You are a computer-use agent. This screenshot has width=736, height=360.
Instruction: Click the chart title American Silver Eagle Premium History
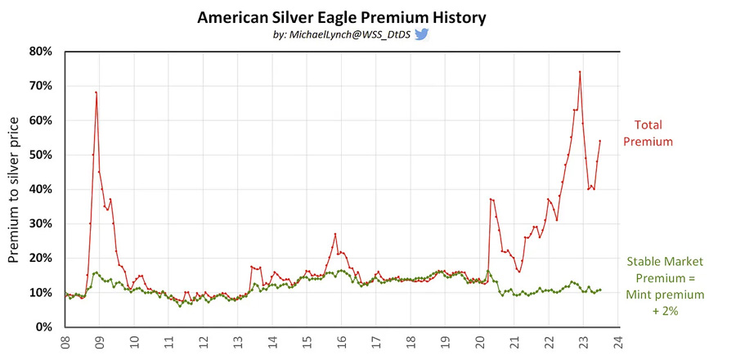(x=341, y=18)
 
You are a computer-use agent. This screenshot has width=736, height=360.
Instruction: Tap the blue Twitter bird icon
(x=421, y=34)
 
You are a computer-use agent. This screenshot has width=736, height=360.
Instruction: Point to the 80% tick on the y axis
(x=42, y=52)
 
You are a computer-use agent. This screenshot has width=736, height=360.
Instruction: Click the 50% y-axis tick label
(x=42, y=155)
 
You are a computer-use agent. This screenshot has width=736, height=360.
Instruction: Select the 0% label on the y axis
(x=44, y=327)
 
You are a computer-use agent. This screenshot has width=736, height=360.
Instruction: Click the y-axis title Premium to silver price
(x=14, y=190)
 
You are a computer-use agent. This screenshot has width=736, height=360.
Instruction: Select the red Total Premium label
(x=648, y=133)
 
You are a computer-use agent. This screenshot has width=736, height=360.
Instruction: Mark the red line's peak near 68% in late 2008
(x=96, y=92)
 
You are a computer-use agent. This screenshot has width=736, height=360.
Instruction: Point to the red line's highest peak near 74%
(x=580, y=72)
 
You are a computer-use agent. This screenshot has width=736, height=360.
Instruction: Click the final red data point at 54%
(x=600, y=141)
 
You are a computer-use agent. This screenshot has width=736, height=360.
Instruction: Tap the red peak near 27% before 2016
(x=335, y=234)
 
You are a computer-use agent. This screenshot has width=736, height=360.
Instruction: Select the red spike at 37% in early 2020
(x=490, y=199)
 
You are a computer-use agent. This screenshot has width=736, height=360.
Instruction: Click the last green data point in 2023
(x=600, y=290)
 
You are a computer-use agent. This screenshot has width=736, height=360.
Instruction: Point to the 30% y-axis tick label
(x=42, y=224)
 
